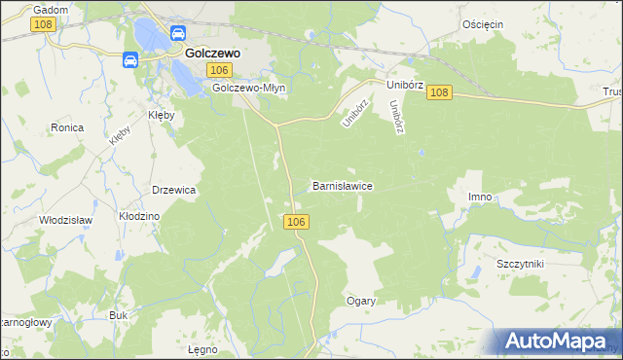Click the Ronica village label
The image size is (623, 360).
(67, 127)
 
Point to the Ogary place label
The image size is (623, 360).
(361, 301)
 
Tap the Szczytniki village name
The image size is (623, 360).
(519, 265)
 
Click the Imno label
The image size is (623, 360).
(479, 198)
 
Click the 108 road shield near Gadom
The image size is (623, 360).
(42, 24)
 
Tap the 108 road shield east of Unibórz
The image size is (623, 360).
(439, 92)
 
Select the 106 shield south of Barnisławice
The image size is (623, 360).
(298, 223)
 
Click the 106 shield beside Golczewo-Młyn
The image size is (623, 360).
(220, 70)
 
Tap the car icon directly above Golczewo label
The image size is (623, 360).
(179, 33)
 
